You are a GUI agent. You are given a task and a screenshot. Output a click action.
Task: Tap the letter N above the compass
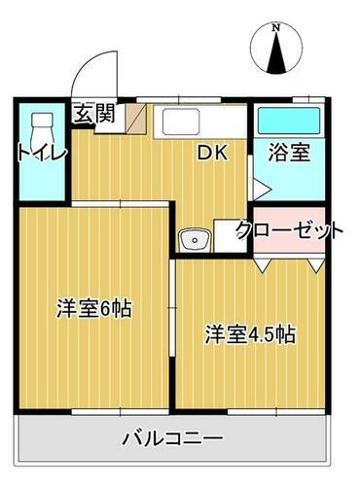pyautogui.click(x=276, y=29)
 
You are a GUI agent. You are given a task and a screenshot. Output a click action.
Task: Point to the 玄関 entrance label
pyautogui.click(x=94, y=114)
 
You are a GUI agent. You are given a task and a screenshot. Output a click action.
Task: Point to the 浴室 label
pyautogui.click(x=289, y=154)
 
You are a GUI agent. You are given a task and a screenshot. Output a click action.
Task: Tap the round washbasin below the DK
pyautogui.click(x=194, y=237)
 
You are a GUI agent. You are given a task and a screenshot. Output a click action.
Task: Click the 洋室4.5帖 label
pyautogui.click(x=249, y=334)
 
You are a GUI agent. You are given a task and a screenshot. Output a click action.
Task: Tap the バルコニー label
pyautogui.click(x=173, y=437)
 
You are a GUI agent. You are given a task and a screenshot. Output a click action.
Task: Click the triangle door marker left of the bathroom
pyautogui.click(x=259, y=187)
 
